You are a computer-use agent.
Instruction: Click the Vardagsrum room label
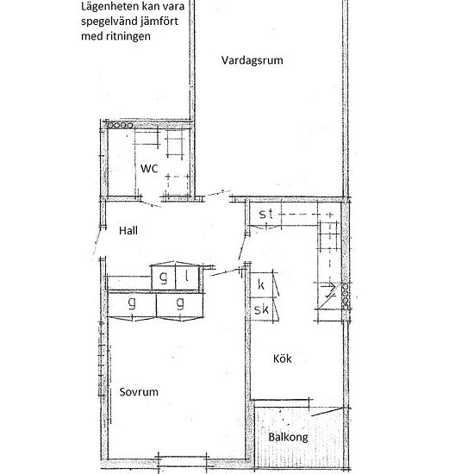[x=252, y=60]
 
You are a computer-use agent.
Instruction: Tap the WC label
[x=149, y=169]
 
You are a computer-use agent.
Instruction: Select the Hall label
[x=128, y=230]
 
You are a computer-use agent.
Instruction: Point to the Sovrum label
[x=139, y=390]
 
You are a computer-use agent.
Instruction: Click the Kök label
[x=283, y=359]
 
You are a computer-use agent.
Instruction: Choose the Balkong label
[x=287, y=437]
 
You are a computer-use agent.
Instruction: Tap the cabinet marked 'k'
[x=260, y=283]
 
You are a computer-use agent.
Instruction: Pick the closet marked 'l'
[x=187, y=277]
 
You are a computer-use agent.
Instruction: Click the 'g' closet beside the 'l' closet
[x=163, y=277]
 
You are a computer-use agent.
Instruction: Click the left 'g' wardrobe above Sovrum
[x=132, y=304]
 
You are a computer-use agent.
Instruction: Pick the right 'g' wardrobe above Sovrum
[x=180, y=304]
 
